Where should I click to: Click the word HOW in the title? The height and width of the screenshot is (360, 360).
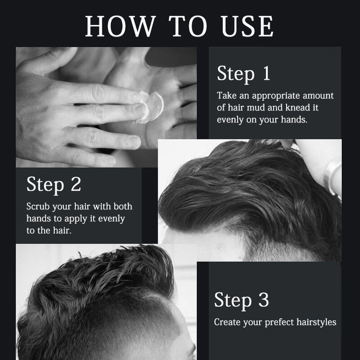click(x=114, y=27)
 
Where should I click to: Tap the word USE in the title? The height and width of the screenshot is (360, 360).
click(x=245, y=27)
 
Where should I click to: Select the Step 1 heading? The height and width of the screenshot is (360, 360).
click(x=243, y=74)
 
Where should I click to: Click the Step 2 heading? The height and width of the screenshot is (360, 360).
click(x=54, y=184)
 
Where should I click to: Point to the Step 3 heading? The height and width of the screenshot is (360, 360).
click(x=241, y=300)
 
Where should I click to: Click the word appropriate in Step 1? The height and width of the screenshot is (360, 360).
click(x=271, y=96)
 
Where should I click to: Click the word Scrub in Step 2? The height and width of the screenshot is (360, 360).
click(x=38, y=207)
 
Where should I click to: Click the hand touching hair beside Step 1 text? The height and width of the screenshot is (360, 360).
click(x=331, y=169)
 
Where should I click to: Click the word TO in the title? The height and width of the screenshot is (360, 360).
click(x=181, y=27)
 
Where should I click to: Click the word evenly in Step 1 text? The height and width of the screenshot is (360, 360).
click(x=230, y=120)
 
